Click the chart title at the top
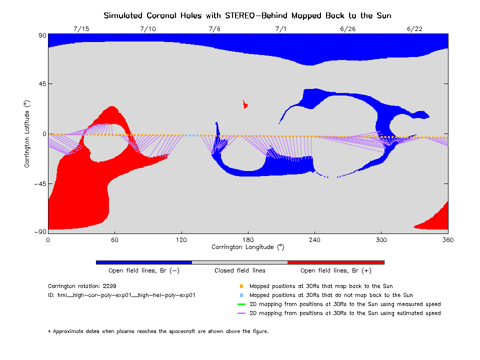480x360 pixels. (247, 15)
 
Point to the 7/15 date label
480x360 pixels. (81, 28)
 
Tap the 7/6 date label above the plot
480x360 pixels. (214, 28)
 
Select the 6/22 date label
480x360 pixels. (415, 28)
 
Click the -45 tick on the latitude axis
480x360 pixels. (39, 183)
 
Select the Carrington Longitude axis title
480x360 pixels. (248, 247)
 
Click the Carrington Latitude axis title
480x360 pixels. (27, 133)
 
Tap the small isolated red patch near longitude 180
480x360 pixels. (245, 104)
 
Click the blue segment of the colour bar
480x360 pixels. (144, 262)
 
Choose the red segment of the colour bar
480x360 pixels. (336, 262)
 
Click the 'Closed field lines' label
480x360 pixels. (240, 270)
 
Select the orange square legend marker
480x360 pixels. (241, 286)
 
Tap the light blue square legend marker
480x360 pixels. (241, 295)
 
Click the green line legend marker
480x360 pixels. (241, 304)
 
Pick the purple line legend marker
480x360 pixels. (241, 313)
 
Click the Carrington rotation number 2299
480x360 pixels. (111, 286)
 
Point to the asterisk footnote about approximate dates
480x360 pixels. (158, 331)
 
